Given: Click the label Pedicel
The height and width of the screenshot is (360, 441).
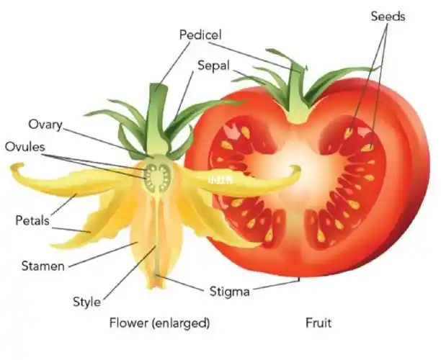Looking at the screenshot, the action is click(x=200, y=35).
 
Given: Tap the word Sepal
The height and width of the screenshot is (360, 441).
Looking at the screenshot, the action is click(x=213, y=66).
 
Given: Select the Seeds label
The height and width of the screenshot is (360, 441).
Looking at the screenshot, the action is click(x=388, y=17).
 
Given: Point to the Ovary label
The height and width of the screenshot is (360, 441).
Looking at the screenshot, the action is click(x=45, y=125).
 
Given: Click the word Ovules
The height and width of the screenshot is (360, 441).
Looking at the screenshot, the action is click(x=25, y=147).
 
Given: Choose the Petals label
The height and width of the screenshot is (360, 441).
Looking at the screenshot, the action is click(x=32, y=220).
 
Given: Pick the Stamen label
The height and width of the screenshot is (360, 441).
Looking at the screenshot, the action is click(x=43, y=266).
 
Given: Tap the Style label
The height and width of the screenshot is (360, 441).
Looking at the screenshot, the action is click(x=86, y=302).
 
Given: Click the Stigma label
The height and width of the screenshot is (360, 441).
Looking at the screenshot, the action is click(x=229, y=292).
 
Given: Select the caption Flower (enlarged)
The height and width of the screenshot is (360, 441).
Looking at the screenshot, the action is click(x=159, y=323).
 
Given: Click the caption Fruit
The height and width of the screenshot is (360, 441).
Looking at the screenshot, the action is click(x=318, y=323).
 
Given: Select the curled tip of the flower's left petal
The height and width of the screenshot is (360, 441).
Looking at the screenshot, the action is click(x=17, y=168).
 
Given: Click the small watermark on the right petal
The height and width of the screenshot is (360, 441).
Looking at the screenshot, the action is click(x=220, y=180).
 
